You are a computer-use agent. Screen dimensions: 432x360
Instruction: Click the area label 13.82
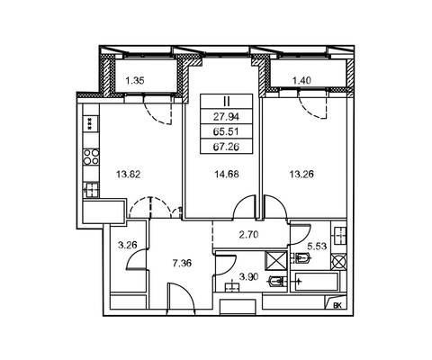[128, 174]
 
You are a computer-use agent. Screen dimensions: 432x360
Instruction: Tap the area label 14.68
[227, 174]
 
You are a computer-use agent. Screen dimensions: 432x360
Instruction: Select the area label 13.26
[301, 174]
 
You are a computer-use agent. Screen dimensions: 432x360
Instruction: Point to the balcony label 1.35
[135, 80]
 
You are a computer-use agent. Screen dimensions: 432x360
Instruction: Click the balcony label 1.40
[301, 80]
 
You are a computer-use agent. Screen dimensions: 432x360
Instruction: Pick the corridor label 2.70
[248, 234]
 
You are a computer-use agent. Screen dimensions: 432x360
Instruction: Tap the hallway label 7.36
[182, 264]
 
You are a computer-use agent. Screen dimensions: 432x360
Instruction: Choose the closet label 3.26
[128, 245]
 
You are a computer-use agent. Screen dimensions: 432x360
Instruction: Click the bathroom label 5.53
[317, 247]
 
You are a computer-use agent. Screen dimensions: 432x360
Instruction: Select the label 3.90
[248, 277]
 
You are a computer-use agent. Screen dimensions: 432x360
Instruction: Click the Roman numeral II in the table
[227, 102]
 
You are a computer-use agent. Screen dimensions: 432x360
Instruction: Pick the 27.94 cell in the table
[227, 116]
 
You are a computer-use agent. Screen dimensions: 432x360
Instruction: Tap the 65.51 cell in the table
[227, 131]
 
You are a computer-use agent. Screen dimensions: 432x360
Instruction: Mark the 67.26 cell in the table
[227, 147]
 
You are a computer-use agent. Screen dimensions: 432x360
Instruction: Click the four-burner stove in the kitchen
[91, 157]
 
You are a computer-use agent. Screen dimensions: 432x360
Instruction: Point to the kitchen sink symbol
[91, 190]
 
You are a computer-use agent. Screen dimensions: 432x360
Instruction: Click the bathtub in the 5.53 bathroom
[317, 282]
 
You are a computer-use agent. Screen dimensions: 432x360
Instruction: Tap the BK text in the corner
[337, 305]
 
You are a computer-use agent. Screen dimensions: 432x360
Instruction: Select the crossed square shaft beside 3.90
[276, 261]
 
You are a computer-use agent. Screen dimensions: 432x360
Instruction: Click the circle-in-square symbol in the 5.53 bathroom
[338, 262]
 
